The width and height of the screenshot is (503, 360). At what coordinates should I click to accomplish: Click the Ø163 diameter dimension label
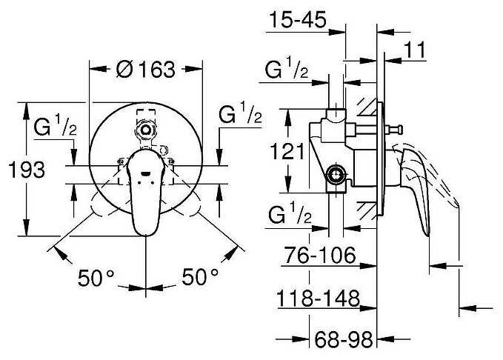146,69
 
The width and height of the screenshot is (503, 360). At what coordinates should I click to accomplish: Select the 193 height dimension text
27,170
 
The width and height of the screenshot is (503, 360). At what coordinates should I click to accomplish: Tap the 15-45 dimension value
298,19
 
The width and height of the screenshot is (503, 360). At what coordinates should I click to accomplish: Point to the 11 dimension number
414,50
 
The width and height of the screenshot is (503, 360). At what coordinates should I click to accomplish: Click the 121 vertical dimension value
287,151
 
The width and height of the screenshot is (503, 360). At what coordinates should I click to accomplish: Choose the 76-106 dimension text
321,255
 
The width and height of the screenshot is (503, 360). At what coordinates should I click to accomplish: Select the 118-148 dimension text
318,299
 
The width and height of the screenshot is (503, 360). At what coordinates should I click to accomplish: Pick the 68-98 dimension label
343,339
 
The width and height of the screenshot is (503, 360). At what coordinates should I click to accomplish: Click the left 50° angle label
96,278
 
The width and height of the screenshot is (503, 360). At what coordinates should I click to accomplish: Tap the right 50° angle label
200,277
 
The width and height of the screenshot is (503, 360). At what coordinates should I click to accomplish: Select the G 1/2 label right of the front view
240,113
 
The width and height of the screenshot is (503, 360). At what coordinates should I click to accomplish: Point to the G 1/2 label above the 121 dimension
287,68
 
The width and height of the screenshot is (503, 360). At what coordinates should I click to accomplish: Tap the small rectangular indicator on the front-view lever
146,174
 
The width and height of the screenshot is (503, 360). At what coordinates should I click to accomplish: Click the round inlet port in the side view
336,176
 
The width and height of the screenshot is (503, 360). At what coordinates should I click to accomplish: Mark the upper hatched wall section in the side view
367,107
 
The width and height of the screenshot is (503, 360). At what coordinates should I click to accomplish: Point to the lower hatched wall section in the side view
367,211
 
